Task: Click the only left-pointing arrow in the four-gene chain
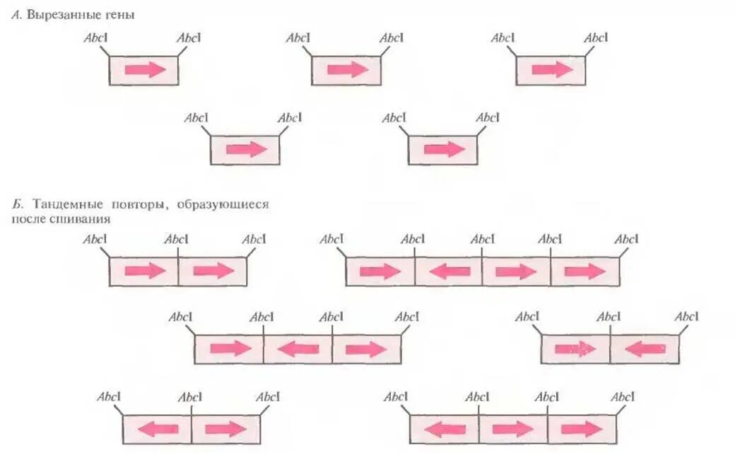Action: (x=449, y=271)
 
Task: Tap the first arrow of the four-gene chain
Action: (x=380, y=271)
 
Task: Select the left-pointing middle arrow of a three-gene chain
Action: (x=298, y=348)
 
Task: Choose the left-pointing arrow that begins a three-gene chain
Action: (x=444, y=429)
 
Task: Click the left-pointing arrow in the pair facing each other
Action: (x=645, y=349)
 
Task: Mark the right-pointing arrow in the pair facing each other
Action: (x=575, y=349)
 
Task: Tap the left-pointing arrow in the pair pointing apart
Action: (x=157, y=429)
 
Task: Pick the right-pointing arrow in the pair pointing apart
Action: (x=226, y=429)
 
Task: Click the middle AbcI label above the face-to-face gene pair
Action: (x=608, y=317)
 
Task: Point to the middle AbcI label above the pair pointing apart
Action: (x=191, y=397)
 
